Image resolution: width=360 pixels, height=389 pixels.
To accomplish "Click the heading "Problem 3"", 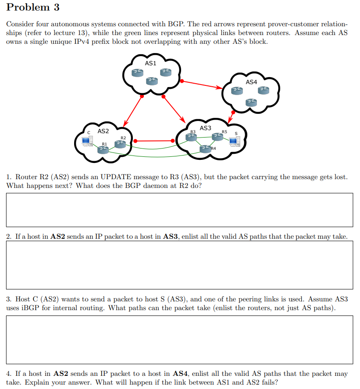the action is click(33, 7).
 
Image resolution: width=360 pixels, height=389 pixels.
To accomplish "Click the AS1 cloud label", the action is click(150, 64).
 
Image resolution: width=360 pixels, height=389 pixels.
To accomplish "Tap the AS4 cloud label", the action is click(251, 82).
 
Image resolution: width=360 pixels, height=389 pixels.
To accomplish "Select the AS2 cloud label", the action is click(103, 131).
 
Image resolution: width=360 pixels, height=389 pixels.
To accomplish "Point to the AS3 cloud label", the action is click(205, 128).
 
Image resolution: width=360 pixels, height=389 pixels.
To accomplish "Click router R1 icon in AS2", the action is click(103, 149).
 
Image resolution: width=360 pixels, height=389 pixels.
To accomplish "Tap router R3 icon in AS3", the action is click(191, 137).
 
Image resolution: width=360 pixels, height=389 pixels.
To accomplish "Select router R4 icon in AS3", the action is click(205, 149).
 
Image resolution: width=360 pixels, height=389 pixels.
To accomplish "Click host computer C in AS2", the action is click(87, 141).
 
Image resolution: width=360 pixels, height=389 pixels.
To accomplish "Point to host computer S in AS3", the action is click(234, 141).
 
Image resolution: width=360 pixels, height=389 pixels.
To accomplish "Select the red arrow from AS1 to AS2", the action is click(133, 110).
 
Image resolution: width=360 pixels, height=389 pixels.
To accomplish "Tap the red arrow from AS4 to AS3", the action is click(231, 117).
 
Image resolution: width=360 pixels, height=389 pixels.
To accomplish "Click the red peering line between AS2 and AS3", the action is click(154, 141).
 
